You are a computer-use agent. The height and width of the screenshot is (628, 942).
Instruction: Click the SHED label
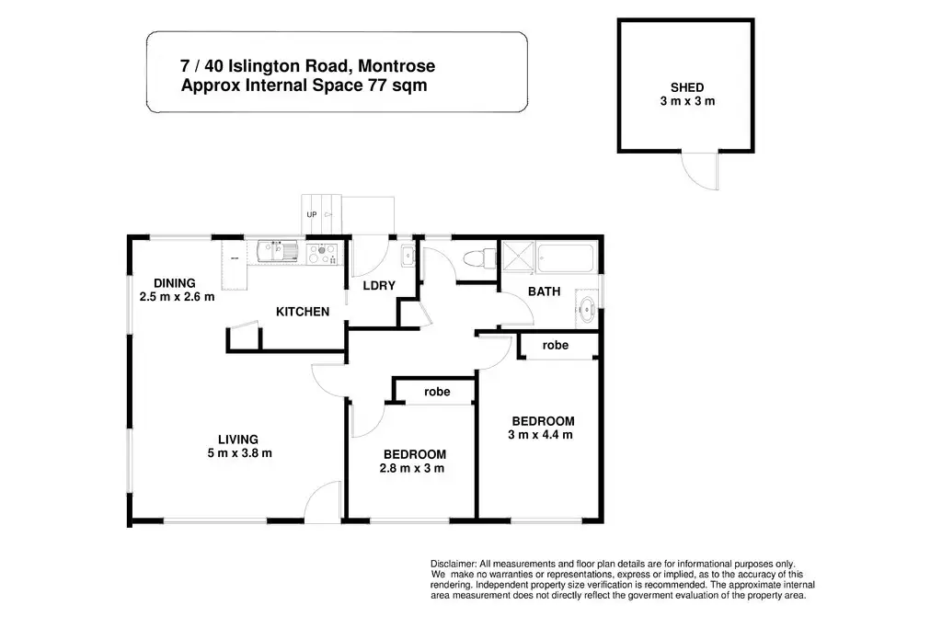pos(687,87)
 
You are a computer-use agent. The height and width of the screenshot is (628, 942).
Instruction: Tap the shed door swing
pos(700,171)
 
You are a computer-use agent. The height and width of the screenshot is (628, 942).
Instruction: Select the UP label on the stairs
pos(312,214)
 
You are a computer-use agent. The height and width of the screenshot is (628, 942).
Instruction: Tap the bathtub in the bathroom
pos(566,258)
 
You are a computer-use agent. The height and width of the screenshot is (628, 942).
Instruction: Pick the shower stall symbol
pos(518,257)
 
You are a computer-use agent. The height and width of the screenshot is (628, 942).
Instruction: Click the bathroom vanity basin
pos(586,309)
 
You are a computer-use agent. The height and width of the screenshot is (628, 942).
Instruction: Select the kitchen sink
pos(278,252)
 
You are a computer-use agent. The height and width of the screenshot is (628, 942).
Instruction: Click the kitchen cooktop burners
pos(322,254)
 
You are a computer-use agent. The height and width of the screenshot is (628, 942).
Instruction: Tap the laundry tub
pos(408,257)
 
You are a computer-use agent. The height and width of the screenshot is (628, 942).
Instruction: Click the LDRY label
pos(379,286)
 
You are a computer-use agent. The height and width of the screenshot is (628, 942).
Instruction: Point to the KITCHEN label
pos(303,312)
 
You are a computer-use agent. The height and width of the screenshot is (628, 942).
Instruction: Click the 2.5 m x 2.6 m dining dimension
pos(178,297)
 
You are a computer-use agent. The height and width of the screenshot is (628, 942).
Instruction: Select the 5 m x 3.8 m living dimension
pos(240,453)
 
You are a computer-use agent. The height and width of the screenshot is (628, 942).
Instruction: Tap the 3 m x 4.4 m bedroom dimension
pos(540,435)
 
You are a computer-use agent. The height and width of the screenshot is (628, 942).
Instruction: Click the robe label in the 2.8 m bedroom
pos(437,392)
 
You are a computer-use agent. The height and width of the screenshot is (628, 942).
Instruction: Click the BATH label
pos(545,291)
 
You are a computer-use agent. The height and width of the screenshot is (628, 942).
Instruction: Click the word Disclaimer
pos(454,564)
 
